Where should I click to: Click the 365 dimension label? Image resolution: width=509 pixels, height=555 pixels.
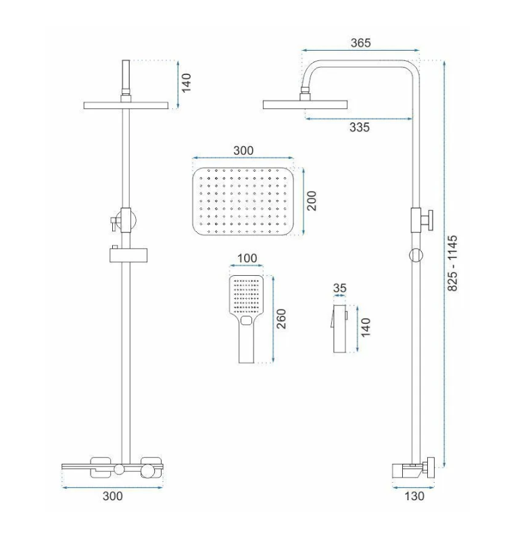click(x=360, y=43)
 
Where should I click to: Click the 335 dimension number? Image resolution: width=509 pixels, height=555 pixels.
click(x=359, y=127)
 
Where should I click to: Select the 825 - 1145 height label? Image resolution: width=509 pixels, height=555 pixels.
click(x=452, y=264)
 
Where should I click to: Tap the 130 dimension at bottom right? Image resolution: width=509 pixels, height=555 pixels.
click(x=414, y=496)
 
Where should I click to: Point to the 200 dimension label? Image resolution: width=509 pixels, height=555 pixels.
click(x=311, y=201)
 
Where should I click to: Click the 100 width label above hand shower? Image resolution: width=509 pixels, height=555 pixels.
click(x=247, y=258)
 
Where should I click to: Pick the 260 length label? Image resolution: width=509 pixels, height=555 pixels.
click(x=281, y=318)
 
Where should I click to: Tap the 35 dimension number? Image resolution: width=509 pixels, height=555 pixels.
click(x=339, y=288)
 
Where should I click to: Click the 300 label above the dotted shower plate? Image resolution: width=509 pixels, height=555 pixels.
click(x=243, y=151)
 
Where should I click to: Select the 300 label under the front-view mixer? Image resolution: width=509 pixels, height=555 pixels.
click(x=113, y=496)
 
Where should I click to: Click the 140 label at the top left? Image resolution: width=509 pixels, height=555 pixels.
click(x=186, y=83)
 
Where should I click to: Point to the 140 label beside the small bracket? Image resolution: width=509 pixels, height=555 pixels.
click(x=366, y=327)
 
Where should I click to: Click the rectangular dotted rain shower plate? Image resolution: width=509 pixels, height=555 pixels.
click(x=244, y=201)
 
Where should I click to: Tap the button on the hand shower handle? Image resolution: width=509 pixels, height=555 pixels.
click(x=246, y=321)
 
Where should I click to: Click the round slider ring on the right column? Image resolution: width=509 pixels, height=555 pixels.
click(x=416, y=256)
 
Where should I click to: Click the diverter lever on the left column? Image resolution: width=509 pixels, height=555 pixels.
click(x=114, y=223)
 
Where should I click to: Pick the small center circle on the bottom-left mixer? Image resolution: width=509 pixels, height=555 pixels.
click(x=119, y=469)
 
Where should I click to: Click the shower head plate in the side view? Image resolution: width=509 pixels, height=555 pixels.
click(x=305, y=104)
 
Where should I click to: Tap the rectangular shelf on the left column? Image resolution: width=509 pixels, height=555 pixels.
click(x=128, y=256)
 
